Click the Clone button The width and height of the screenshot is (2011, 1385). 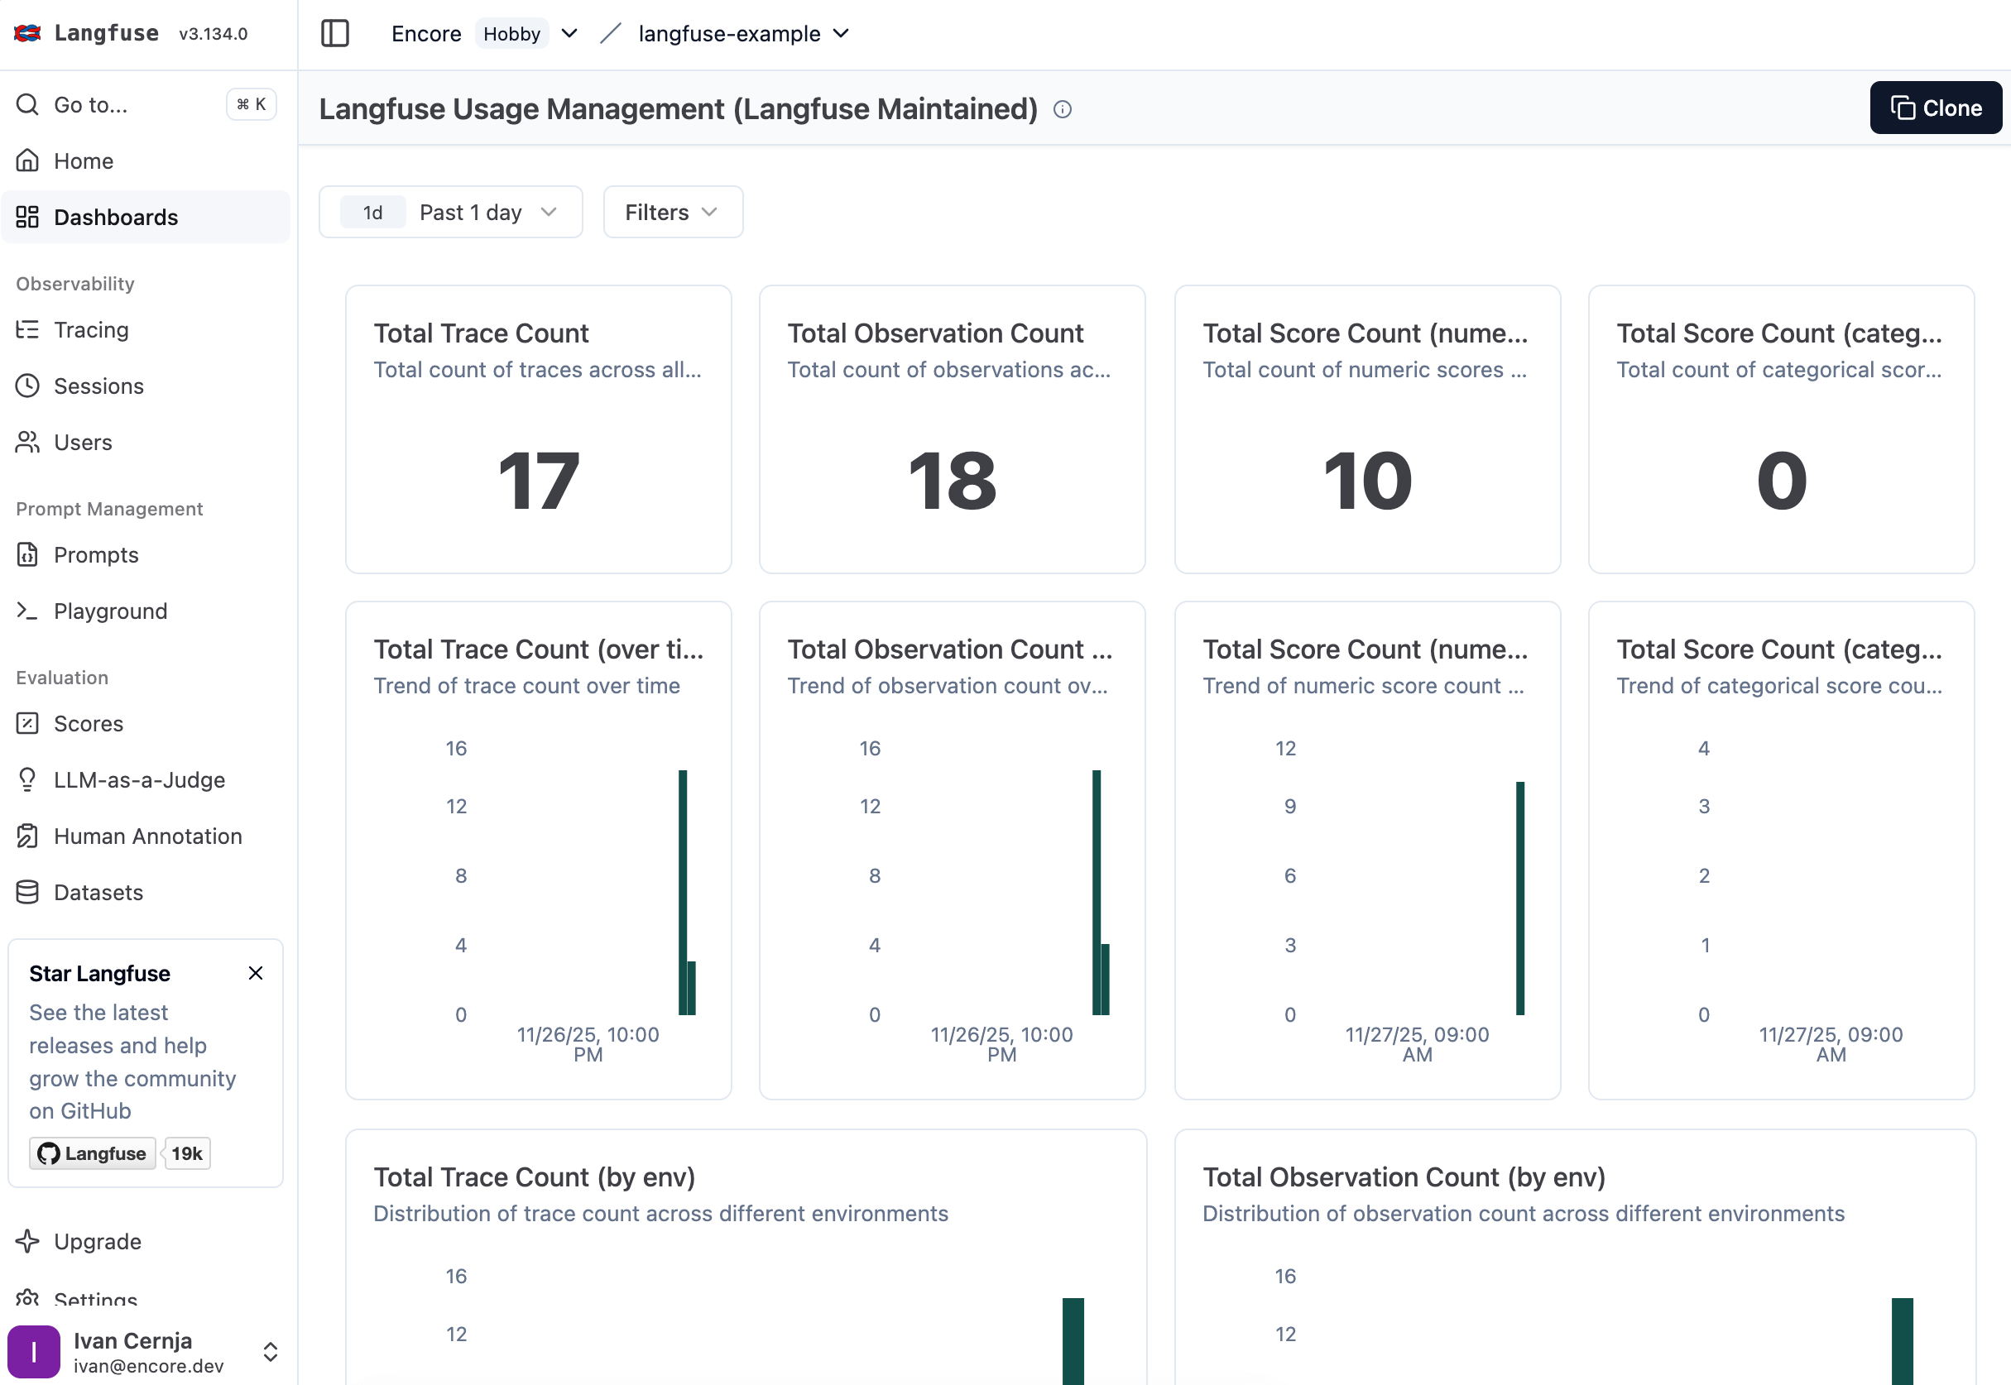click(1935, 108)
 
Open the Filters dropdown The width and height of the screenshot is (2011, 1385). click(672, 212)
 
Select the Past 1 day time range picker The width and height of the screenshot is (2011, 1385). click(449, 212)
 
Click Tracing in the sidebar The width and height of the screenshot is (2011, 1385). click(90, 330)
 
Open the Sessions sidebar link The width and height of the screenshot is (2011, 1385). click(98, 386)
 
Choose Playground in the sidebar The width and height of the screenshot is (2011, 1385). click(109, 611)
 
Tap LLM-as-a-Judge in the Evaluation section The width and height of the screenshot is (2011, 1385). click(139, 779)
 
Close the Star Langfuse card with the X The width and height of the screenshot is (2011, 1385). click(255, 973)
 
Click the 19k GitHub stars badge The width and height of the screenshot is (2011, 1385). click(185, 1153)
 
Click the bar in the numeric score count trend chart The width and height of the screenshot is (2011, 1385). click(1519, 898)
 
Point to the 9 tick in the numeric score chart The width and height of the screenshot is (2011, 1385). click(1289, 806)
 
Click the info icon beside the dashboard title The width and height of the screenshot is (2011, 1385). click(1062, 109)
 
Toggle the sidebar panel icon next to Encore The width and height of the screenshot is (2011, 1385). click(334, 34)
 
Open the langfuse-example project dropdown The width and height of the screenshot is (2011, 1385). click(743, 34)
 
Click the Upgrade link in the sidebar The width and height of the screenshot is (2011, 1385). click(96, 1241)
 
